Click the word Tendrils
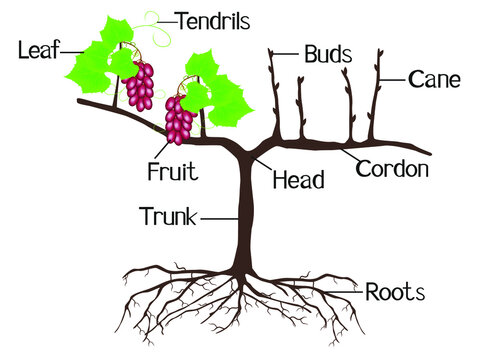tap(213, 20)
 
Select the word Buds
tap(327, 53)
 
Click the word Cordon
tap(392, 169)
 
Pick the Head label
tap(298, 181)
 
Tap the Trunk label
tap(167, 215)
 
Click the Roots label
tap(395, 292)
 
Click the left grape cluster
tap(140, 86)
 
